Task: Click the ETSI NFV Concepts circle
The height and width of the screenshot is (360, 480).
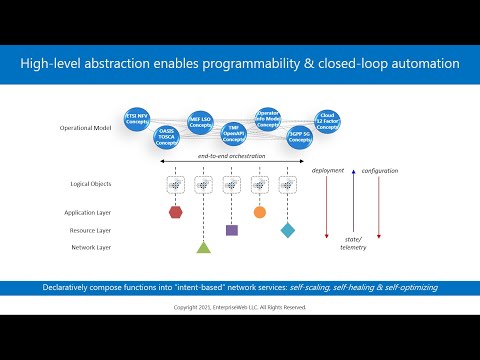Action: (137, 117)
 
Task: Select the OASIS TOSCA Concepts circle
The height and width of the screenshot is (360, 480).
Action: (166, 137)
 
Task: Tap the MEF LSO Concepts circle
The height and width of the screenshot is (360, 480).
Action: (200, 121)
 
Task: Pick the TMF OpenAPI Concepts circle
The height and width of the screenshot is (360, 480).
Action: (233, 134)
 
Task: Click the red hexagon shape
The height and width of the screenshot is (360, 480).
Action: (176, 212)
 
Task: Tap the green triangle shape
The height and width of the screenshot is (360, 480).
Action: (203, 246)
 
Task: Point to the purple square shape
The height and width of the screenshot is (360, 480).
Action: (232, 230)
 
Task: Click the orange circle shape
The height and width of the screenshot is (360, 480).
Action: (260, 212)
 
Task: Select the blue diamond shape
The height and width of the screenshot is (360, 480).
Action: (288, 230)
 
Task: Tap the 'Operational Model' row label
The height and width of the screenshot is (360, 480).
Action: (89, 128)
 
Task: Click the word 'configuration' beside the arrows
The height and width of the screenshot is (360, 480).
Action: (379, 171)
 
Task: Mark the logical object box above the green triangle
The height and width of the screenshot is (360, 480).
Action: (203, 185)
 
